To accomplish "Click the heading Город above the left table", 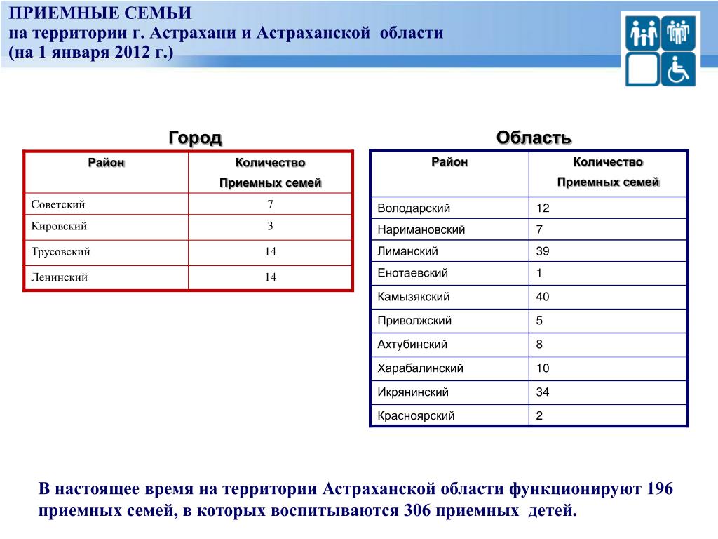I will (195, 138).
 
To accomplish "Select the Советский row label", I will (58, 205).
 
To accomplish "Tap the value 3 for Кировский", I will (270, 226).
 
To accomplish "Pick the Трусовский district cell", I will (60, 251).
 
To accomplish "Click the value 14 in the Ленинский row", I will (270, 277).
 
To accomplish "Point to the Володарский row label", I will (414, 208).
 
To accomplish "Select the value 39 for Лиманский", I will (543, 251).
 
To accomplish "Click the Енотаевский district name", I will (412, 273).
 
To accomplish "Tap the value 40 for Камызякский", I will (543, 297).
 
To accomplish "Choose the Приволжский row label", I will (414, 321).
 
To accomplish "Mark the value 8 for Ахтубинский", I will (539, 345).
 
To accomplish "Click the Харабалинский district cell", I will (420, 368).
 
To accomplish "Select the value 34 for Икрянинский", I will (543, 392).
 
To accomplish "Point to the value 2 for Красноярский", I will (539, 416).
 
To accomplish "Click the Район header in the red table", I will (106, 163).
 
